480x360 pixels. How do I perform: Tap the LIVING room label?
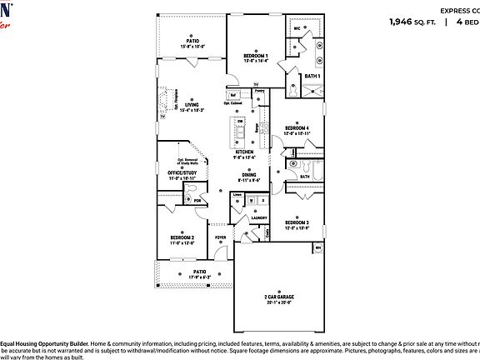(x=192, y=105)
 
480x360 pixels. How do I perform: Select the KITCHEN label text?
(x=243, y=152)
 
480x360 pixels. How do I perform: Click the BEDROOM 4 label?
(x=296, y=127)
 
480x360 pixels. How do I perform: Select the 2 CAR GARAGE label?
(x=279, y=297)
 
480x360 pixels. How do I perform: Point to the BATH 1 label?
(x=312, y=77)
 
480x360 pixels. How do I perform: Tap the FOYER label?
(x=221, y=237)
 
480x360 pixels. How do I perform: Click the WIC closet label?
(x=297, y=28)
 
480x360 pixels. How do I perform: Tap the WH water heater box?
(x=318, y=247)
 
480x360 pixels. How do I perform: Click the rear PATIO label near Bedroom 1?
(x=192, y=39)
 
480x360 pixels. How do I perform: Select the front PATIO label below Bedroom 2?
(x=200, y=272)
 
